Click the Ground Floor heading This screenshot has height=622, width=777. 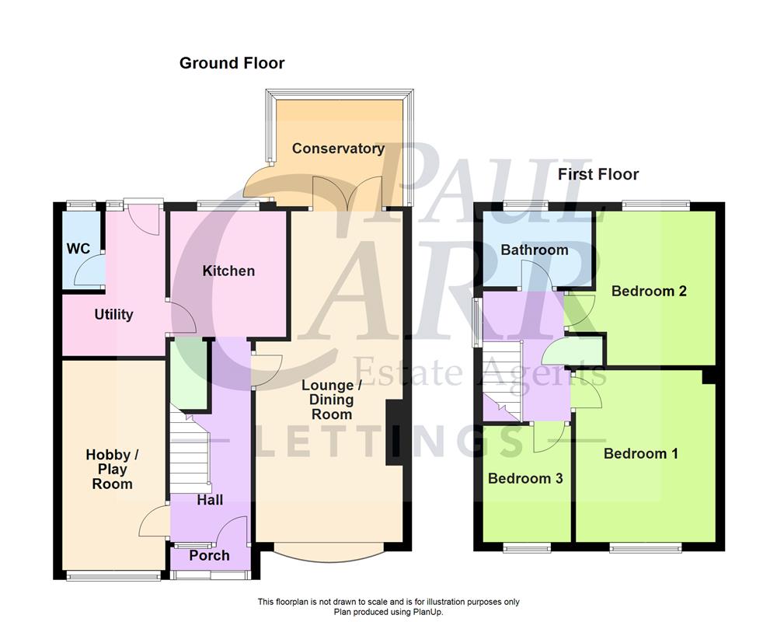232,63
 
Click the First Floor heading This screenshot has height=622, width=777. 598,174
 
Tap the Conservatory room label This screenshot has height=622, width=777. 338,149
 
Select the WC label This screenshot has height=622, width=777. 78,249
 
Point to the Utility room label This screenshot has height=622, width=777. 113,315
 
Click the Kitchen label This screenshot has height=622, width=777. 228,271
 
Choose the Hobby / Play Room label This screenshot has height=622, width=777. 109,469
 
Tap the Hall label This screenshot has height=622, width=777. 209,500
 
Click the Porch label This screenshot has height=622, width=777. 209,555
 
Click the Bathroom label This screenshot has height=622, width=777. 534,250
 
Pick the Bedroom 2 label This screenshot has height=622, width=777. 649,291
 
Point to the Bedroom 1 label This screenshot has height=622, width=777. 641,453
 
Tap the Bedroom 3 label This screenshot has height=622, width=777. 525,478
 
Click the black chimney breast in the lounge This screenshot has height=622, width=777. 395,432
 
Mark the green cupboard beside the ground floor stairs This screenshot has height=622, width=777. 189,373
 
